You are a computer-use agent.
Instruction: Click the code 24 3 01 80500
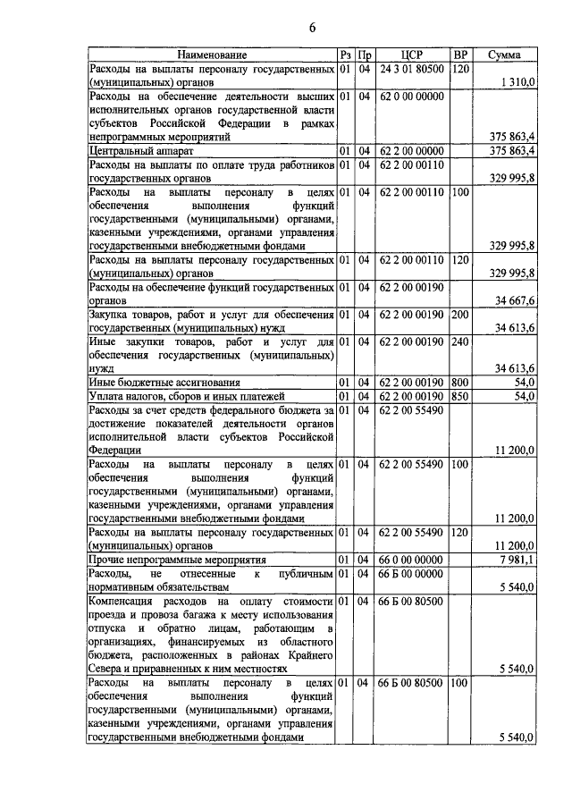tap(411, 69)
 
